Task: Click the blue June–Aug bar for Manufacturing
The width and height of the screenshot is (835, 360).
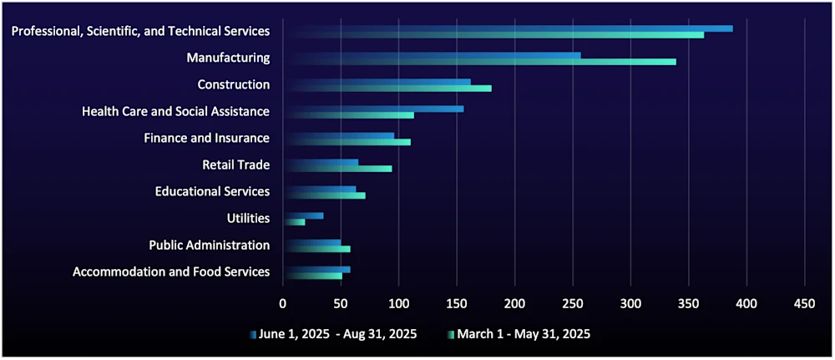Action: [x=434, y=55]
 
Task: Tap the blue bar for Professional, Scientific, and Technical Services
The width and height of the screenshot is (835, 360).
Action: [x=509, y=28]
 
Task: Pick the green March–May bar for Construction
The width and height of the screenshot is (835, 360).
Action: [x=388, y=89]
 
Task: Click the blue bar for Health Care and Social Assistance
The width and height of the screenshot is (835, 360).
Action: [x=376, y=109]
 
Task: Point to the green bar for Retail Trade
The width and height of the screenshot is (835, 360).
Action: [x=338, y=169]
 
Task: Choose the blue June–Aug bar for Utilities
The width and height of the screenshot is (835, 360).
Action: [x=303, y=215]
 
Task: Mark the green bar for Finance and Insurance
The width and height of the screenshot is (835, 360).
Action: [x=347, y=142]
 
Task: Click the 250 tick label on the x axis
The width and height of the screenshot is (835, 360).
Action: [x=572, y=302]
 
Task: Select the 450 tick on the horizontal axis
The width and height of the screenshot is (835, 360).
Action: [x=804, y=302]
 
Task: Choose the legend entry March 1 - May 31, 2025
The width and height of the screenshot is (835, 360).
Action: [x=524, y=334]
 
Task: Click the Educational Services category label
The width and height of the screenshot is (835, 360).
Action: [x=212, y=191]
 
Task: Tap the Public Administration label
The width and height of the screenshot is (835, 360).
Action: [x=209, y=245]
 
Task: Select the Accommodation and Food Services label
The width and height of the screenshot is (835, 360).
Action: [x=171, y=271]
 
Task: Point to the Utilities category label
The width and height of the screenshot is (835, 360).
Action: [x=248, y=218]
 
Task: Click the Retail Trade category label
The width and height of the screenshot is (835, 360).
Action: [x=235, y=165]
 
